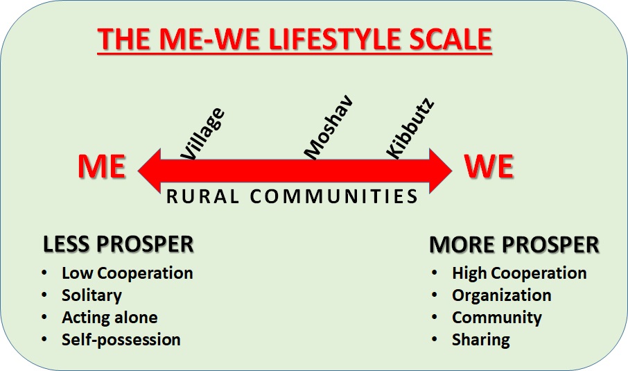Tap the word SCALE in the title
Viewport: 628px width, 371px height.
click(x=451, y=39)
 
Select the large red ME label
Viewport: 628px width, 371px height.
click(x=102, y=166)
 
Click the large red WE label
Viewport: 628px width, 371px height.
click(x=489, y=166)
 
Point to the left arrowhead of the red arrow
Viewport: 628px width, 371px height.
click(x=150, y=171)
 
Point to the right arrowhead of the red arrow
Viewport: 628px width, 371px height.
click(x=441, y=171)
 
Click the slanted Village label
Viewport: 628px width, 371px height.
click(x=202, y=134)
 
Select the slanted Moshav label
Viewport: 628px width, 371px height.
click(x=329, y=127)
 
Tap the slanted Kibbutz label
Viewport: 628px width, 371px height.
click(x=410, y=128)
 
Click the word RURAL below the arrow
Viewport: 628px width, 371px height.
click(x=202, y=197)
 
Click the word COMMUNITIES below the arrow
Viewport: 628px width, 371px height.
click(x=334, y=197)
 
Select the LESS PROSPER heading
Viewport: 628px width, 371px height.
click(x=118, y=244)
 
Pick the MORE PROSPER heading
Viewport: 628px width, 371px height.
click(x=514, y=245)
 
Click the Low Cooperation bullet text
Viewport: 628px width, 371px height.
click(x=128, y=273)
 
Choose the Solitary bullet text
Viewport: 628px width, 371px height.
click(x=91, y=295)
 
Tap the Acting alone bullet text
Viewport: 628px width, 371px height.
click(x=110, y=318)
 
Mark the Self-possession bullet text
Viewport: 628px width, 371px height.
click(x=121, y=340)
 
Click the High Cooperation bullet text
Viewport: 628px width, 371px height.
click(x=519, y=273)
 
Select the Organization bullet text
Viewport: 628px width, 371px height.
click(x=502, y=295)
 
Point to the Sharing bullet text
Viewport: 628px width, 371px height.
click(x=481, y=340)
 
